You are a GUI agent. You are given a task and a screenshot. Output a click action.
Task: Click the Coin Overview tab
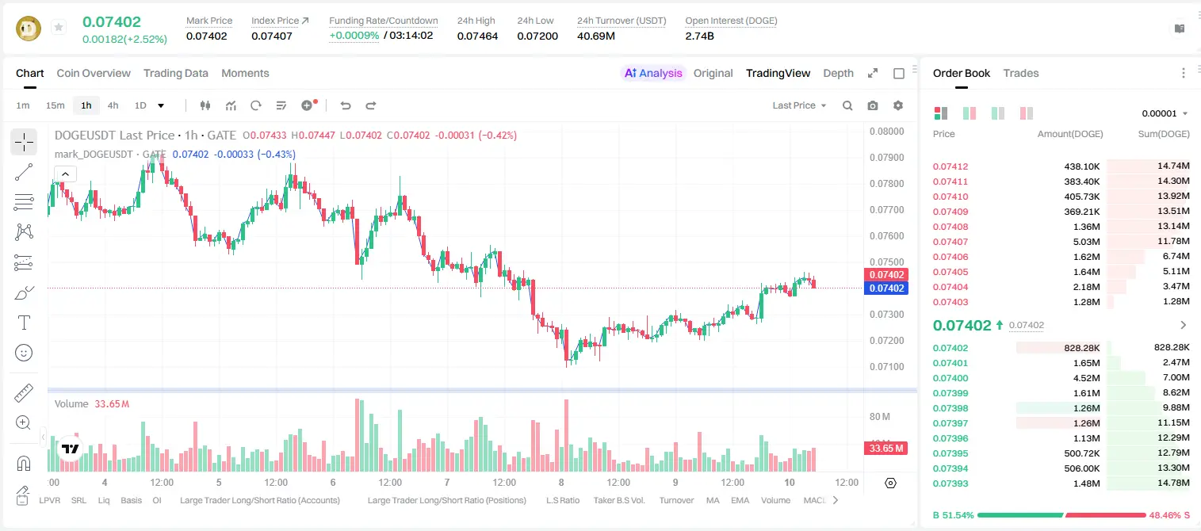pyautogui.click(x=94, y=73)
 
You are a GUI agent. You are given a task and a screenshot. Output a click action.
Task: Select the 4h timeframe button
pyautogui.click(x=113, y=105)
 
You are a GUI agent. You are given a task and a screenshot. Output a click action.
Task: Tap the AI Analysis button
pyautogui.click(x=653, y=73)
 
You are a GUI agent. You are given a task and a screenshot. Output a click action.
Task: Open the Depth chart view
pyautogui.click(x=838, y=73)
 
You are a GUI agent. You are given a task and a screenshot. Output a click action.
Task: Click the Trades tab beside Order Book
pyautogui.click(x=1021, y=73)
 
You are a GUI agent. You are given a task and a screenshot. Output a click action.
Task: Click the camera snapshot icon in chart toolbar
pyautogui.click(x=873, y=105)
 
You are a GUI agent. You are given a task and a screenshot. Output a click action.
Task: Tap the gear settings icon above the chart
pyautogui.click(x=898, y=105)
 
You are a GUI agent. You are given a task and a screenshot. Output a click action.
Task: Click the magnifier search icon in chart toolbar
pyautogui.click(x=847, y=105)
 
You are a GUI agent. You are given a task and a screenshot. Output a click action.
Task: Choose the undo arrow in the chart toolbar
pyautogui.click(x=346, y=105)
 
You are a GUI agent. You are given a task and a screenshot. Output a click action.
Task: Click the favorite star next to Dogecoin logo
pyautogui.click(x=59, y=27)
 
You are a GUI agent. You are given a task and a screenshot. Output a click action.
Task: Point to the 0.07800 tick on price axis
pyautogui.click(x=887, y=184)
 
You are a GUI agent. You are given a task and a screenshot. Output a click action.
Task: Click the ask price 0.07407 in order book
pyautogui.click(x=950, y=242)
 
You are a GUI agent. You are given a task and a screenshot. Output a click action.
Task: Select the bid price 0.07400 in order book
pyautogui.click(x=950, y=378)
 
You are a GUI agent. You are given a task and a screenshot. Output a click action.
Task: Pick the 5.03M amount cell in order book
pyautogui.click(x=1086, y=242)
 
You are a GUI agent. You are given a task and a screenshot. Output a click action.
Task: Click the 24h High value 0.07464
pyautogui.click(x=477, y=36)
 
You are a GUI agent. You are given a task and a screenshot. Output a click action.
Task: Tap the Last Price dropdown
pyautogui.click(x=799, y=105)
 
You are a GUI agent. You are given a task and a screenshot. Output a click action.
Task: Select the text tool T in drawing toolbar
pyautogui.click(x=24, y=323)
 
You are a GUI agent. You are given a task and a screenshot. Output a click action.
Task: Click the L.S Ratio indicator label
pyautogui.click(x=562, y=500)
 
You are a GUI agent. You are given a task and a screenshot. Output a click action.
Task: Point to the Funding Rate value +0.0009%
pyautogui.click(x=354, y=36)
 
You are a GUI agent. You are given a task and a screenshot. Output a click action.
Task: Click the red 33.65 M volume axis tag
pyautogui.click(x=885, y=448)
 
